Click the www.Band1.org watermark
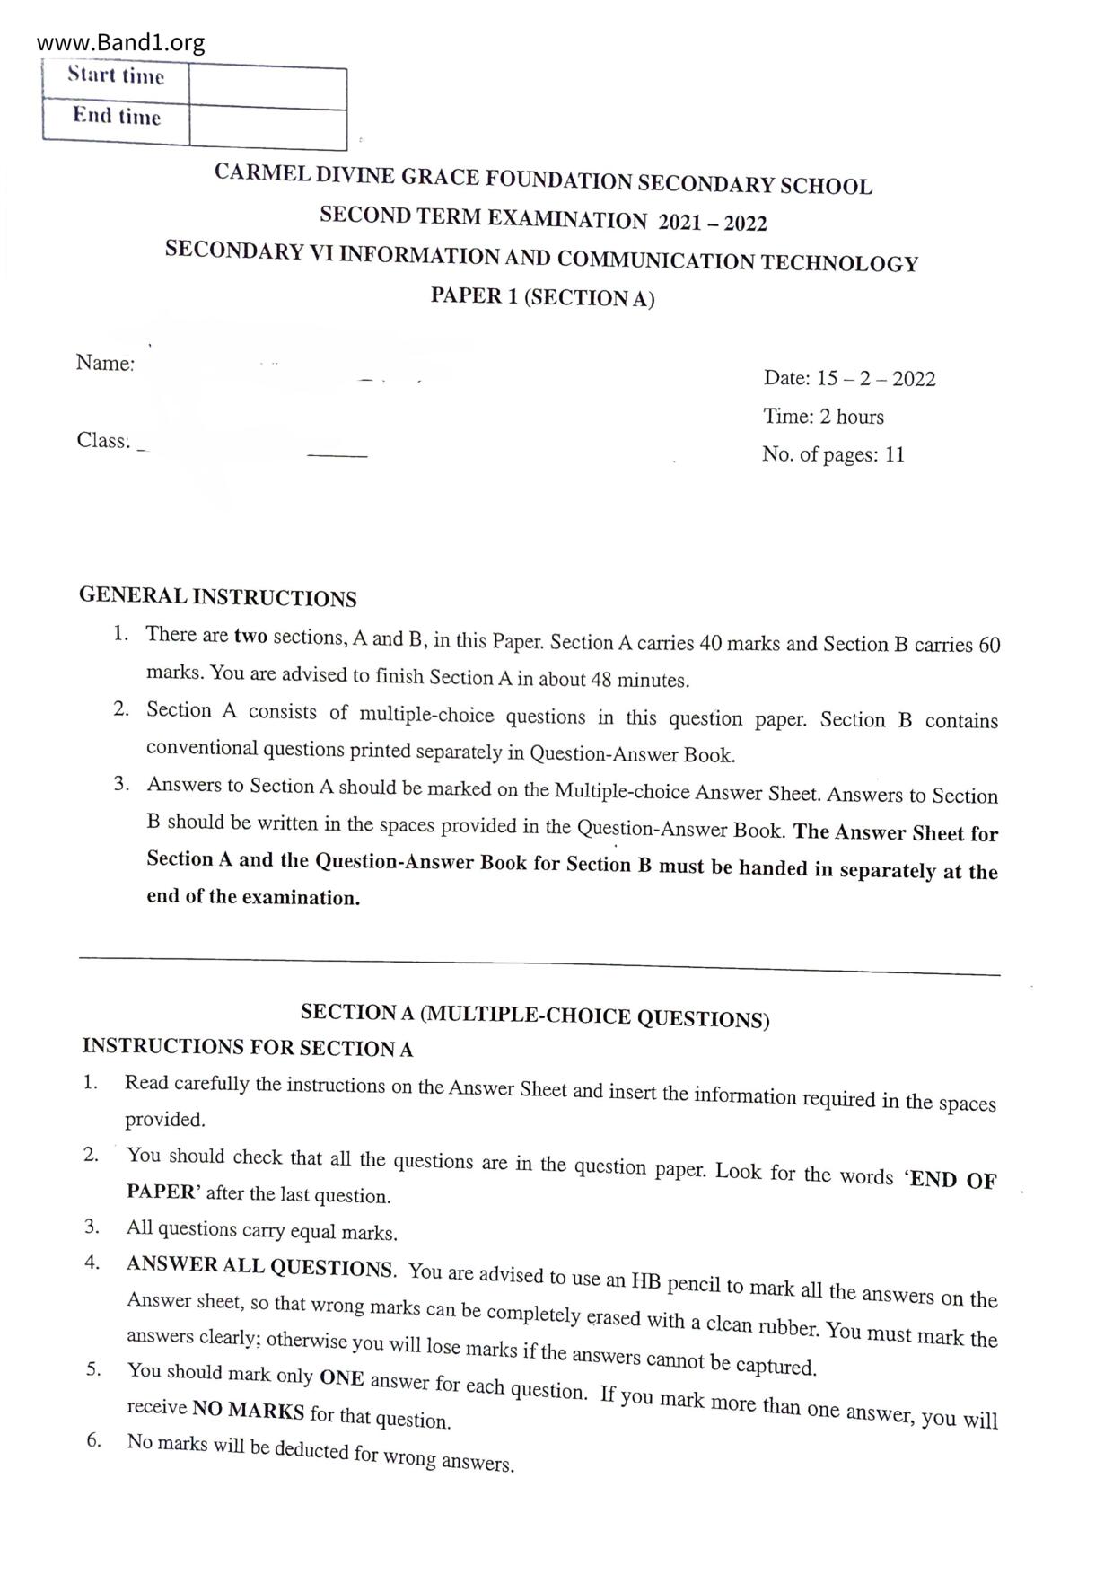point(121,42)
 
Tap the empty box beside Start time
point(267,88)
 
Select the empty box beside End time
point(267,128)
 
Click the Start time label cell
point(116,76)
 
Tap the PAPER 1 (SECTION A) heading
point(542,297)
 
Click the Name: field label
point(105,363)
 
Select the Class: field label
point(103,440)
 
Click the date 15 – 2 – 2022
point(875,379)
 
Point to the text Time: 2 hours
point(823,417)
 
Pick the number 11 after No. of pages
point(894,454)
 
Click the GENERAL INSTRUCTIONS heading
point(217,597)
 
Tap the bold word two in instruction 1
point(250,637)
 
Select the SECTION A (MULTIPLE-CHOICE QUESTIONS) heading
point(535,1016)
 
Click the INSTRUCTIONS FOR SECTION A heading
point(247,1047)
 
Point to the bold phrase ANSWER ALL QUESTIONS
point(259,1267)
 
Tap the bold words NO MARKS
point(248,1410)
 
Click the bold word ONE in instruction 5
point(341,1377)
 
